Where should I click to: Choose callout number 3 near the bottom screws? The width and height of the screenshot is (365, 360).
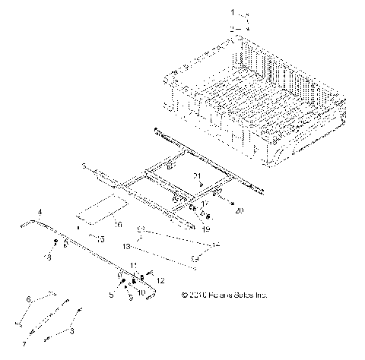point(73,332)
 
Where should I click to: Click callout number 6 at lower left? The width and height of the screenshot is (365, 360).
point(30,301)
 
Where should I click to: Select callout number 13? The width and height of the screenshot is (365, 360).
point(127,247)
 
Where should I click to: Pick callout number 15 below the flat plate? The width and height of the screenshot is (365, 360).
point(101,238)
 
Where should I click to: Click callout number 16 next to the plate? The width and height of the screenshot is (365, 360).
point(117,224)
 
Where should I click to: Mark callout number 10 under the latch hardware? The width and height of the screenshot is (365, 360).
point(141,292)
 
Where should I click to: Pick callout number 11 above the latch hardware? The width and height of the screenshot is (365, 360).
point(134,265)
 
